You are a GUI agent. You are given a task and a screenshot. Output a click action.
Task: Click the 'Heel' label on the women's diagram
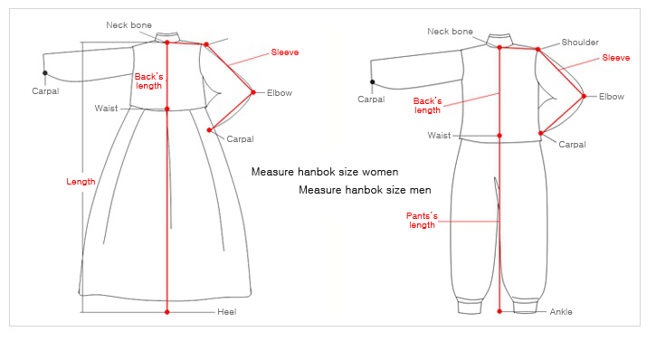click(226, 312)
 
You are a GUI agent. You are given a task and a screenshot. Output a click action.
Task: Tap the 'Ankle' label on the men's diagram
click(561, 312)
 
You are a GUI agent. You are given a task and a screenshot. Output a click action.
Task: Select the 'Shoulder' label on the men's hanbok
click(580, 43)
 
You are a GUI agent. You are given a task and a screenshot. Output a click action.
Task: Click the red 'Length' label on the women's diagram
click(81, 182)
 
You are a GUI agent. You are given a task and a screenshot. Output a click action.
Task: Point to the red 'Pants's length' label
click(422, 220)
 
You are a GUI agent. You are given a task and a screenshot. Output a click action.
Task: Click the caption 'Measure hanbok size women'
click(325, 172)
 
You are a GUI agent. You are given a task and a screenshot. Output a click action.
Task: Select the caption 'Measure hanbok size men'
click(365, 190)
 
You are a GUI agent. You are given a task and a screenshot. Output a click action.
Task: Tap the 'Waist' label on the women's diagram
click(106, 109)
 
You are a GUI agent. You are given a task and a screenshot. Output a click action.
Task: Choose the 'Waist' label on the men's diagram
click(439, 136)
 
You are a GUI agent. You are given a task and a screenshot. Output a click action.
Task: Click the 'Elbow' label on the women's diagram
click(280, 93)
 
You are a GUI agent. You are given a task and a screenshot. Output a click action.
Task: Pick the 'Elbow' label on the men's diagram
click(612, 97)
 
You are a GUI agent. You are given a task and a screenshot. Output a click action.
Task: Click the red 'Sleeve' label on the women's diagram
click(285, 52)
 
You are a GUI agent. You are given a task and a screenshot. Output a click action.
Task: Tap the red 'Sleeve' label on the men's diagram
click(616, 58)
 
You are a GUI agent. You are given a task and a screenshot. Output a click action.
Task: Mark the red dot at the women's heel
click(167, 312)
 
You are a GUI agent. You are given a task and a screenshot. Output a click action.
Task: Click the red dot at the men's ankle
click(499, 311)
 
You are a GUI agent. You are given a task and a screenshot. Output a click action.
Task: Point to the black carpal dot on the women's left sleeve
click(44, 73)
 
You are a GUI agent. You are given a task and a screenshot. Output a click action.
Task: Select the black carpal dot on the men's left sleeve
click(372, 82)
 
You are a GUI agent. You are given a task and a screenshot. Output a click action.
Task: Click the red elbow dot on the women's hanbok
click(253, 92)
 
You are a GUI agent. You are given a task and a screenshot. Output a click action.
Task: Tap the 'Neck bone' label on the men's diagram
click(451, 32)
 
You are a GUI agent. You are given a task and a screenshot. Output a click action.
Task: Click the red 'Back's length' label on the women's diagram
click(148, 81)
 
